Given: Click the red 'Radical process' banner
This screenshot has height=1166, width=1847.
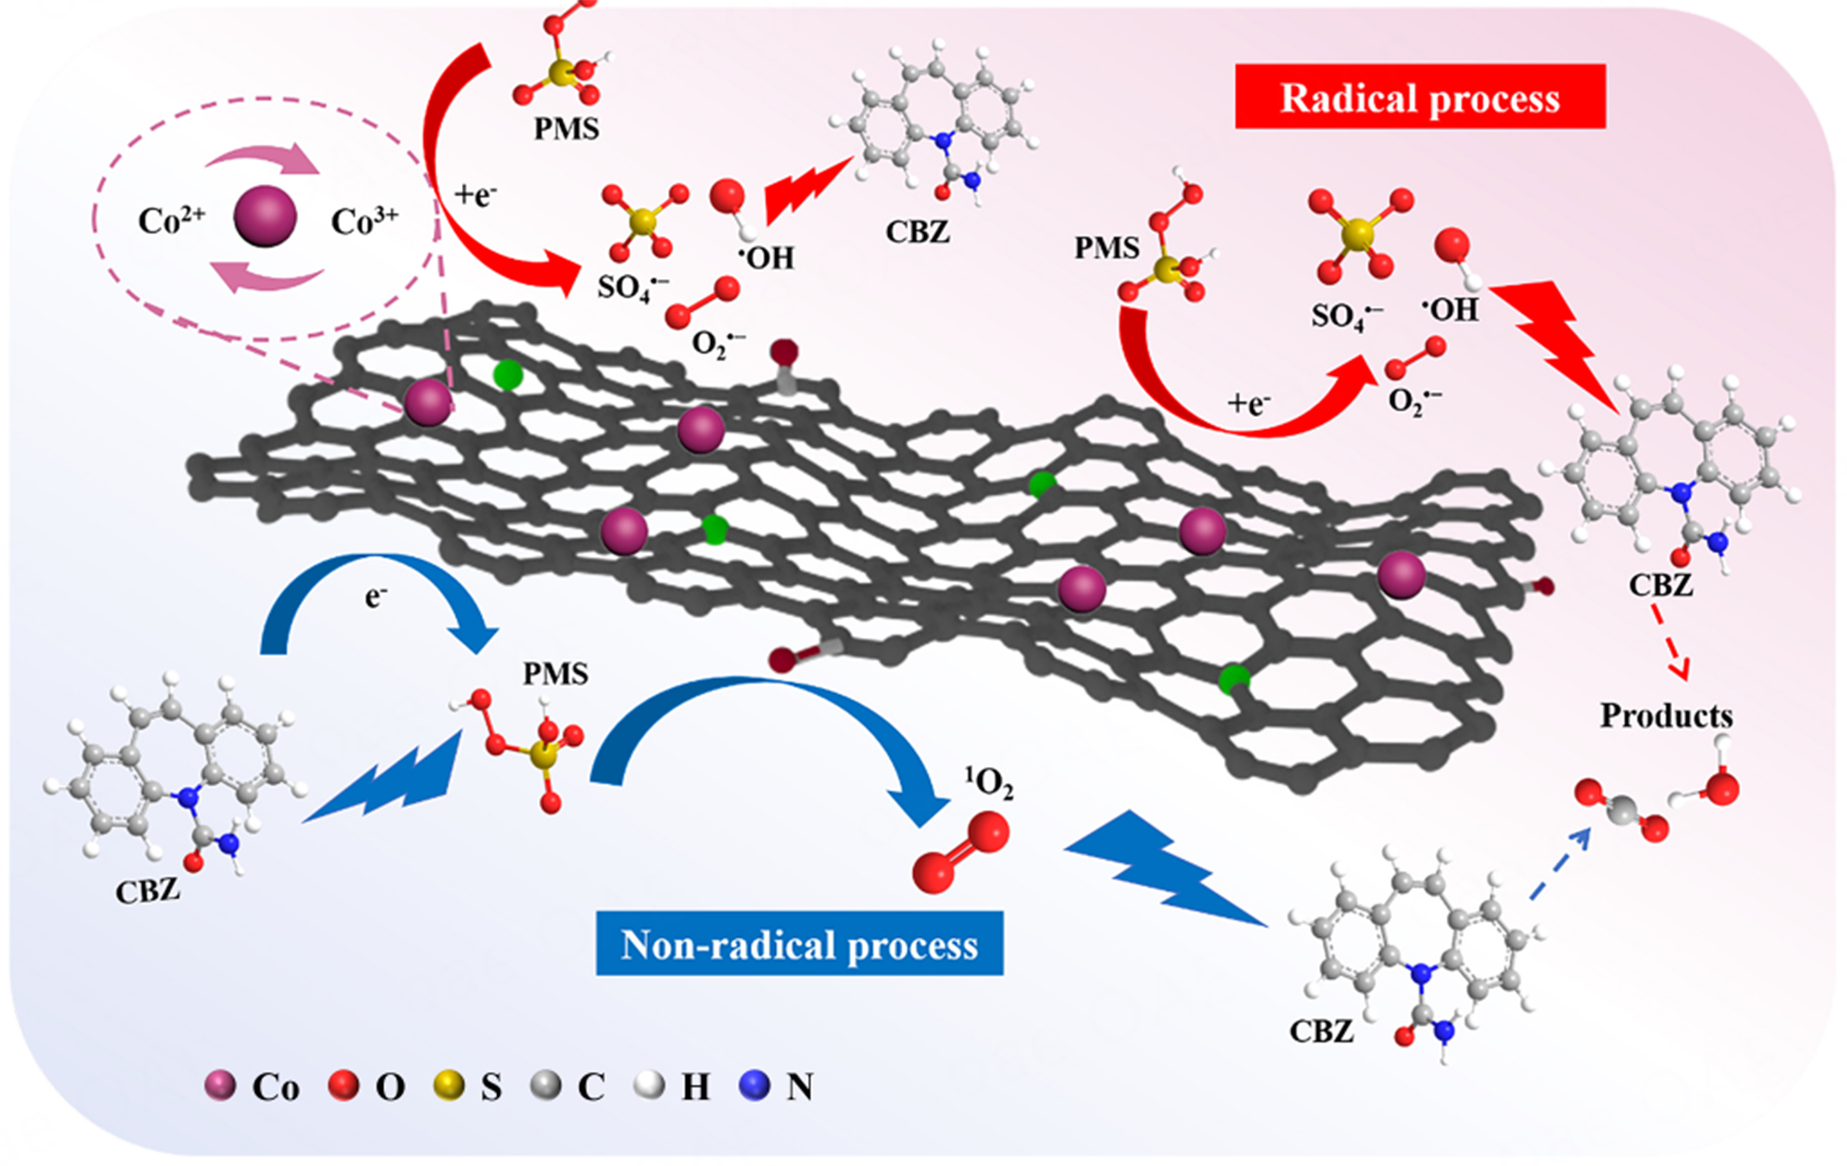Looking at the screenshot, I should coord(1420,98).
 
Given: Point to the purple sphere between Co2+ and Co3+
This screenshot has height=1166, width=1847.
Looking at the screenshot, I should coord(265,216).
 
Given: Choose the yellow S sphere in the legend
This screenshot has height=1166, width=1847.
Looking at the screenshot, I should coord(449,1086).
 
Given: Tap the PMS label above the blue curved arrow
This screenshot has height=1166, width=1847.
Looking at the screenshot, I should coord(555,674).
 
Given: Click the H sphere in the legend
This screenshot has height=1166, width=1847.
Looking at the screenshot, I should coord(650,1086).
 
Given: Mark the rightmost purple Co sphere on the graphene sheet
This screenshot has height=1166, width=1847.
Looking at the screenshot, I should coord(1401,575).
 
